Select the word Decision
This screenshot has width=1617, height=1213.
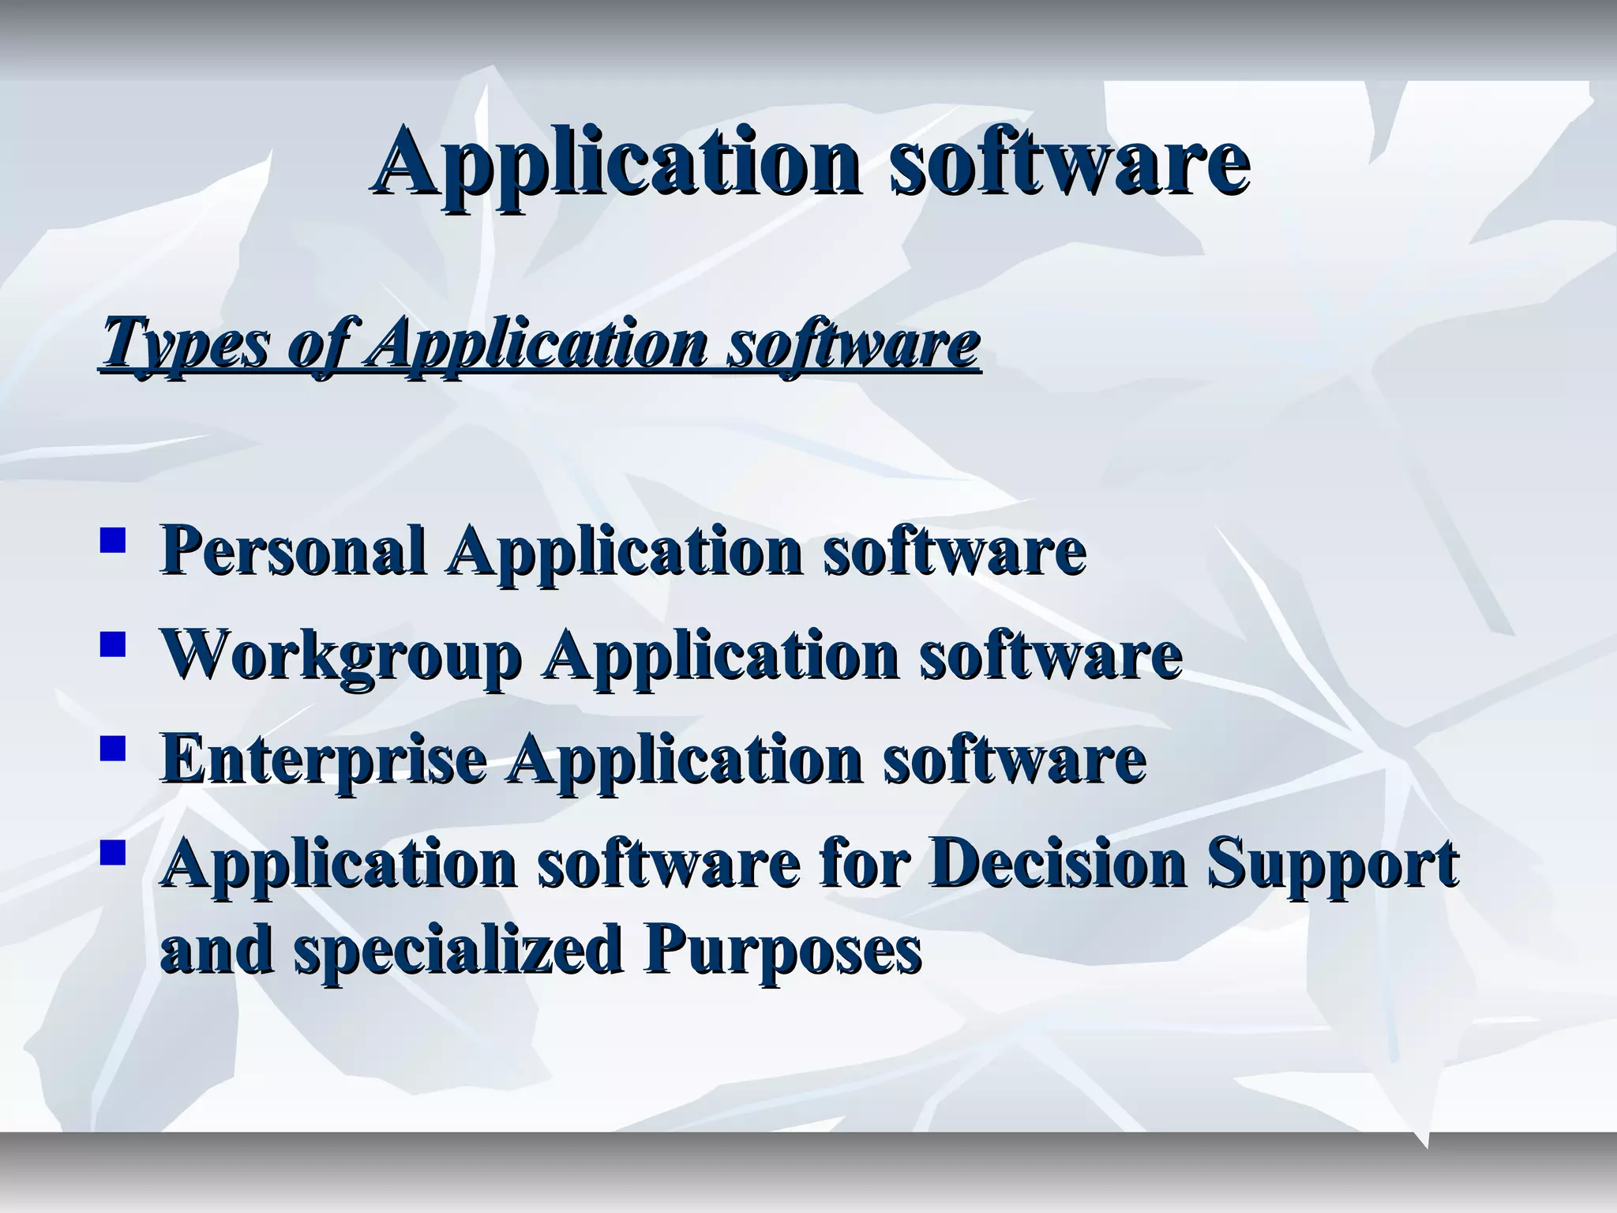click(x=1058, y=863)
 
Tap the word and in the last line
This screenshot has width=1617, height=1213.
click(x=217, y=949)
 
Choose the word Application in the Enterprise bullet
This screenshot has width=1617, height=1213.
click(x=685, y=759)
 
